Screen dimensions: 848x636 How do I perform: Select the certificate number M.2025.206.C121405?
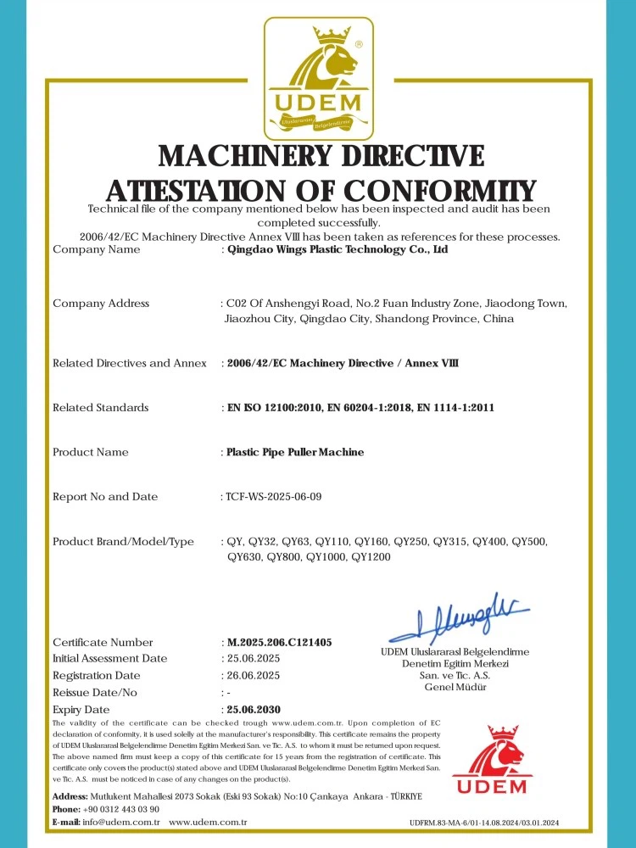pos(279,642)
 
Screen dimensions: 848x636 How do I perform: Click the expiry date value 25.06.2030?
pos(254,709)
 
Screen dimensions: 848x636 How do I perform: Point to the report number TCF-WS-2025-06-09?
pos(274,497)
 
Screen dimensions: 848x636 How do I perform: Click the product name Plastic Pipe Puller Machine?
pos(295,452)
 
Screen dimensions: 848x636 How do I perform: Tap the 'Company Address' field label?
pos(101,304)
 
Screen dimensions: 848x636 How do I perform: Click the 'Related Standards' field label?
pos(100,408)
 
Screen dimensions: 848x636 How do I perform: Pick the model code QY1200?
pos(370,557)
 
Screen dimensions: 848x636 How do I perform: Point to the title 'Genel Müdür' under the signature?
pos(455,687)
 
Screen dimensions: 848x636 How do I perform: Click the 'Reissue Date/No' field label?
pos(95,693)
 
